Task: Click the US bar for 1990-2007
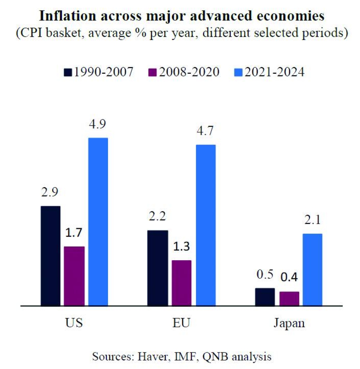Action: [x=50, y=256]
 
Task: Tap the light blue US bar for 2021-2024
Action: [x=98, y=222]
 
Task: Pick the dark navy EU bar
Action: [x=158, y=268]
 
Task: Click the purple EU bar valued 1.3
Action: [x=181, y=283]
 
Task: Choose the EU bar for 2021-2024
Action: [x=206, y=225]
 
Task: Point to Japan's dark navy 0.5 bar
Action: [x=265, y=297]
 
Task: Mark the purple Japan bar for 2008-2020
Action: [x=289, y=299]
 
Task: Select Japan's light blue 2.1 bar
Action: [x=312, y=270]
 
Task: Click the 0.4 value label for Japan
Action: [x=289, y=278]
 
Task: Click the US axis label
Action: [x=75, y=322]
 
